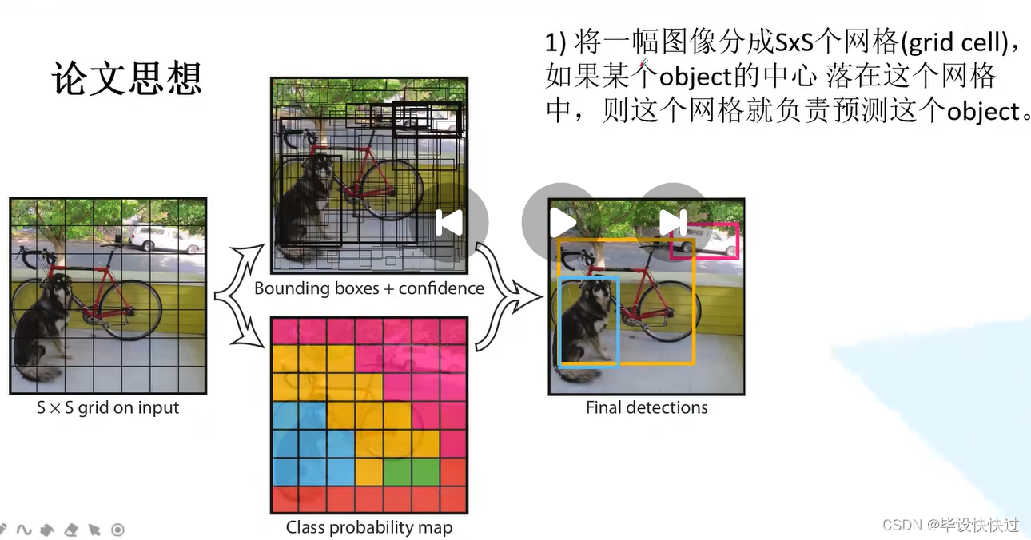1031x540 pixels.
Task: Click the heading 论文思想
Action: click(127, 78)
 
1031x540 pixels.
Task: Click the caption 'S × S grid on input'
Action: click(108, 408)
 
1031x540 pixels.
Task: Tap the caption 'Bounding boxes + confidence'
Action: click(369, 288)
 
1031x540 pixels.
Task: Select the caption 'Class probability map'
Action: click(369, 528)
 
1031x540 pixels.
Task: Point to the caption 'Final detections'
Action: click(647, 408)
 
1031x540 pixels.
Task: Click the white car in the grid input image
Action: click(165, 239)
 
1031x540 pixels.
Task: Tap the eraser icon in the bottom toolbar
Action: click(70, 529)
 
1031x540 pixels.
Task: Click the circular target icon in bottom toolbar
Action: click(117, 529)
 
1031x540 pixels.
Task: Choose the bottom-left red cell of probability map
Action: click(285, 499)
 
